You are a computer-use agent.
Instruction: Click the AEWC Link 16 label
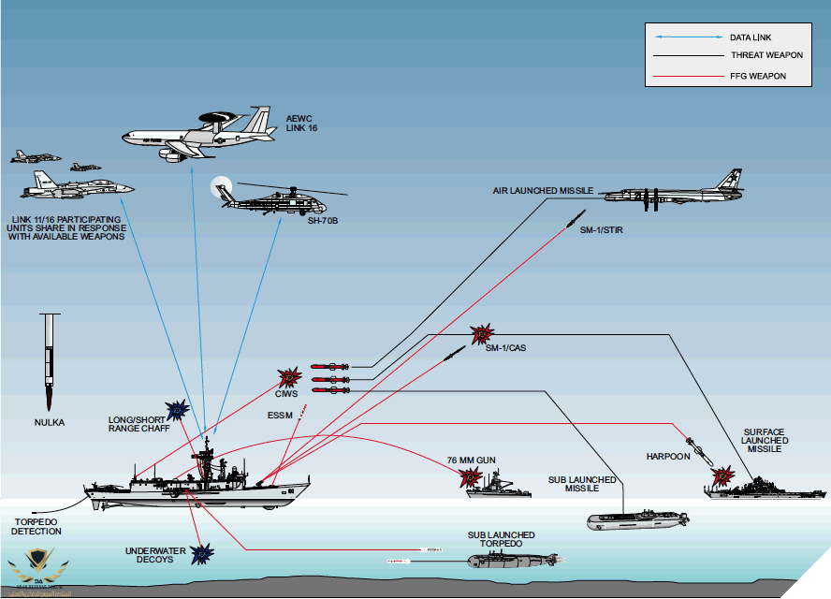[x=300, y=122]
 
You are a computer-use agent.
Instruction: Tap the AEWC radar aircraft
[x=201, y=136]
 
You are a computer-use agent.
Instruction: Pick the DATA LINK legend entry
[x=750, y=37]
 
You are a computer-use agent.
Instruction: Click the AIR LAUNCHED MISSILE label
[x=544, y=191]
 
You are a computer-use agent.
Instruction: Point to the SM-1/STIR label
[x=598, y=230]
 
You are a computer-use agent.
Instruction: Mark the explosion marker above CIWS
[x=289, y=377]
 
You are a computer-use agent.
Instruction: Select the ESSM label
[x=281, y=415]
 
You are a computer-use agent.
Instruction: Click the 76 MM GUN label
[x=471, y=460]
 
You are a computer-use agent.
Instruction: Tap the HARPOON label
[x=667, y=457]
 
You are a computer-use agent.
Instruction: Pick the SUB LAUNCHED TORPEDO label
[x=502, y=539]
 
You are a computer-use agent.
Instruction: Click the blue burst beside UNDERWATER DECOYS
[x=201, y=555]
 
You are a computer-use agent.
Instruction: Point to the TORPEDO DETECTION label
[x=36, y=526]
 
